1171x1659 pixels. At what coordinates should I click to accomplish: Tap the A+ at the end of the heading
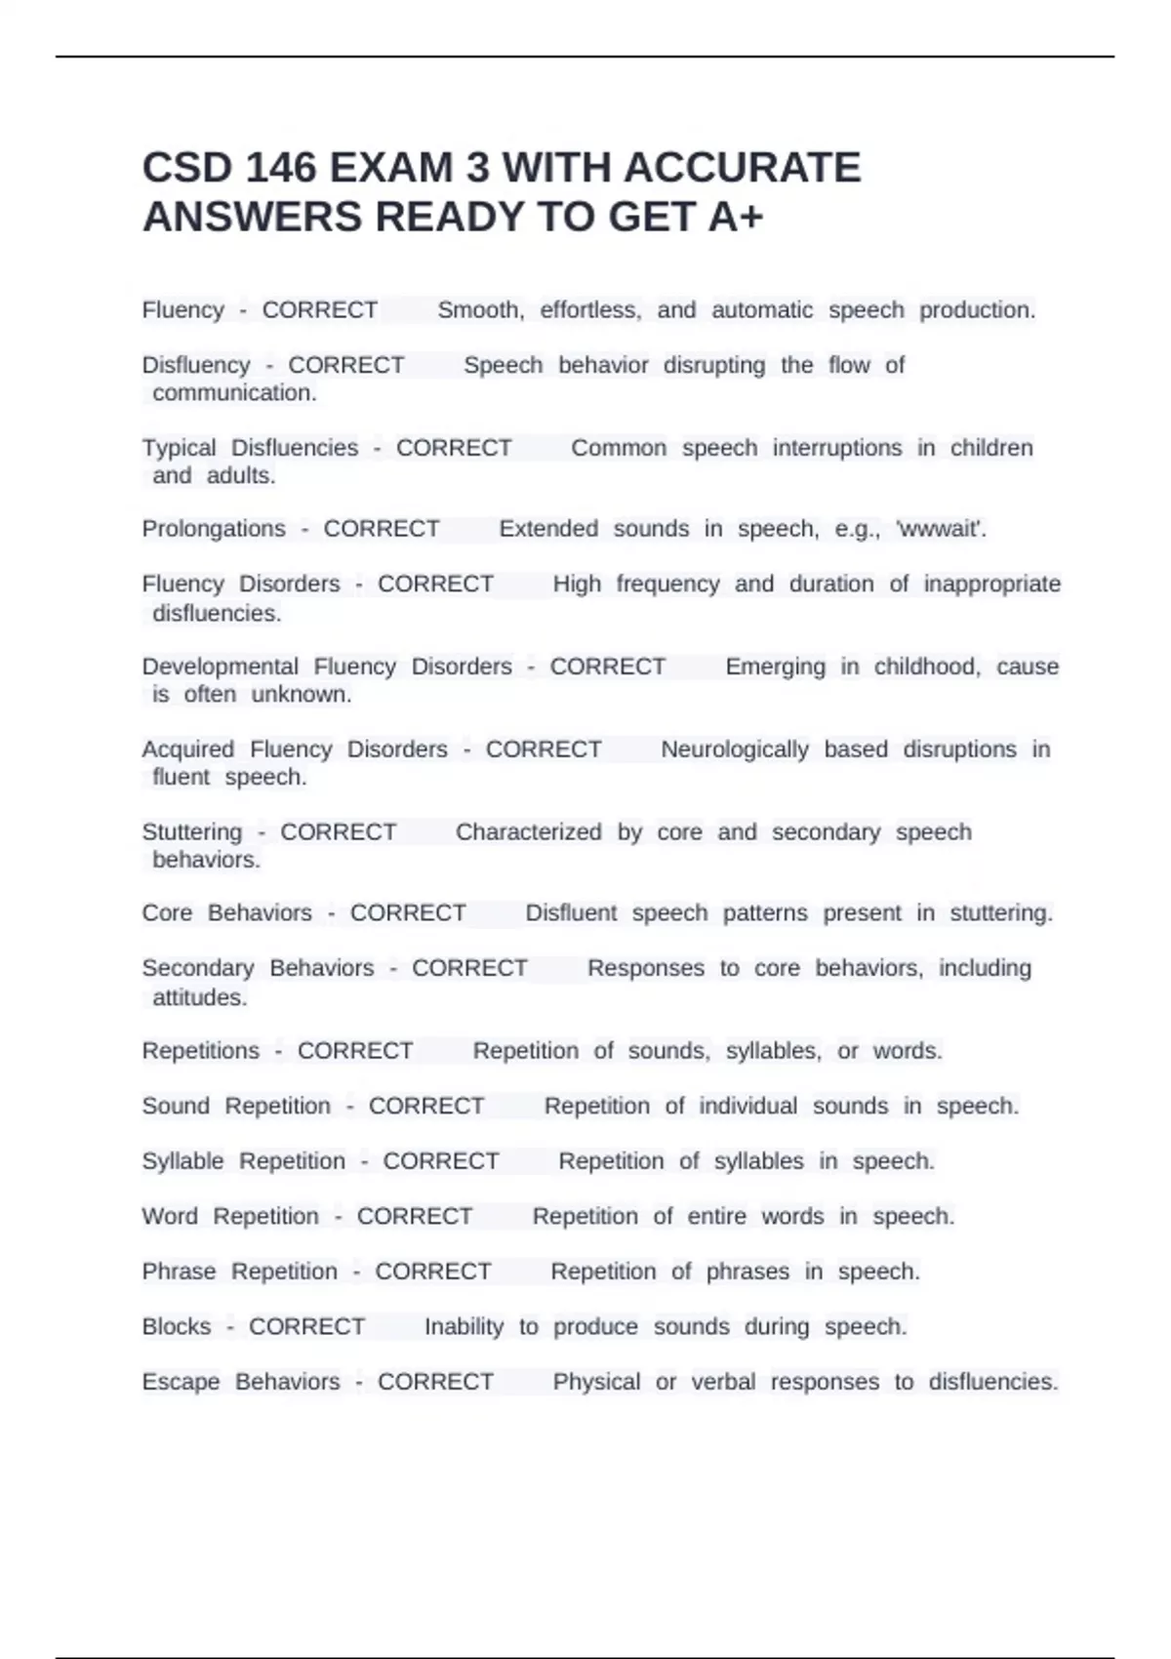pos(736,218)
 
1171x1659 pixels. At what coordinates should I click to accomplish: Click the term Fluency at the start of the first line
pos(183,310)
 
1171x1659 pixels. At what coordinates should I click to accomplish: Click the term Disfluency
pos(196,365)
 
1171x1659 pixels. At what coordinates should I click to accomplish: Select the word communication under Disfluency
pos(234,393)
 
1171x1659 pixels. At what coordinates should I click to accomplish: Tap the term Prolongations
pos(214,529)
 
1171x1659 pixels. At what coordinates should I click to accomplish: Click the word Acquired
pos(188,749)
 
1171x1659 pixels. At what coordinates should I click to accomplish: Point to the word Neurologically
pos(735,749)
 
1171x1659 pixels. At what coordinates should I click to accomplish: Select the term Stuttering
pos(192,832)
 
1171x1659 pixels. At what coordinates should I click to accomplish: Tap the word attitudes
pos(200,997)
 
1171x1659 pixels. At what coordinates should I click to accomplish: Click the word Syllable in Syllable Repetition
pos(182,1161)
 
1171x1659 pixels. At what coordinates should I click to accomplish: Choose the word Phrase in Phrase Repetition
pos(179,1272)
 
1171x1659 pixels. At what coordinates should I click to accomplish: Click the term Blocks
pos(177,1327)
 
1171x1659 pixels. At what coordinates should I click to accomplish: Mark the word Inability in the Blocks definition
pos(464,1327)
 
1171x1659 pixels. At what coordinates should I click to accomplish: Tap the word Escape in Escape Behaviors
pos(181,1382)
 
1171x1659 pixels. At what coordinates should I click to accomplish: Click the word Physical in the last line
pos(596,1382)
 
